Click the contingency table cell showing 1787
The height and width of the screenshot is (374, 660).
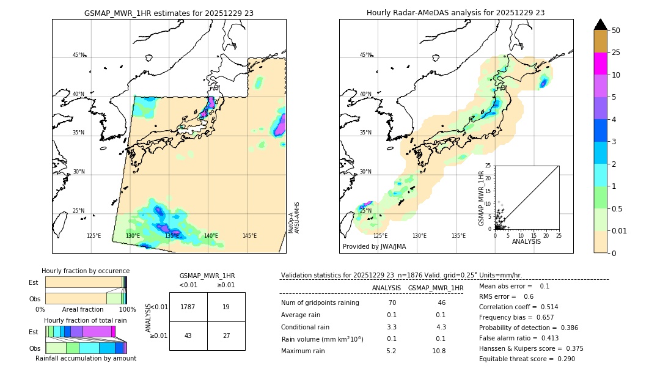point(188,307)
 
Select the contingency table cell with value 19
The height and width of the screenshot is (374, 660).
point(226,307)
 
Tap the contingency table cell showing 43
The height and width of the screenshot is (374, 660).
point(188,335)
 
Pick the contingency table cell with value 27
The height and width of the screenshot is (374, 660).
point(226,335)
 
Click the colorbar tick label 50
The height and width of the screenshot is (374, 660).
point(616,31)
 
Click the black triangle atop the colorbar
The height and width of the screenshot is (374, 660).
point(601,24)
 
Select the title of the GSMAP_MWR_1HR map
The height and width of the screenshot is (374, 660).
point(169,13)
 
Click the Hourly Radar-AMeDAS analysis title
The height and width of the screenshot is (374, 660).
point(455,13)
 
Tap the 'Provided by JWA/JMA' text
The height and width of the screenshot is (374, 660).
point(374,246)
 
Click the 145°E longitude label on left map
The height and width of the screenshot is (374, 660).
point(249,236)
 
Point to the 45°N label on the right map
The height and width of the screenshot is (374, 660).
point(365,55)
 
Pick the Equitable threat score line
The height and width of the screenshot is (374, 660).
point(527,359)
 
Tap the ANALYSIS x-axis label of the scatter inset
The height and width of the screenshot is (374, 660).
point(526,241)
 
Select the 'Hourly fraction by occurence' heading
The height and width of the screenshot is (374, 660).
point(86,271)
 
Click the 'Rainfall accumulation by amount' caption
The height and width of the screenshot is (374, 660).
point(86,358)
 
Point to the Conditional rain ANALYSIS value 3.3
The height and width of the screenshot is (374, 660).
point(391,327)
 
